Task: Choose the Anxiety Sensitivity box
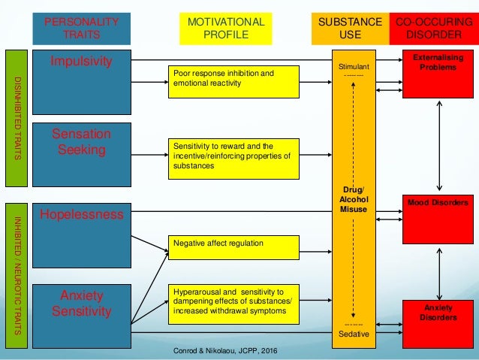click(82, 304)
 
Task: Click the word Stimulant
click(354, 67)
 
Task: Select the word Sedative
click(354, 333)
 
